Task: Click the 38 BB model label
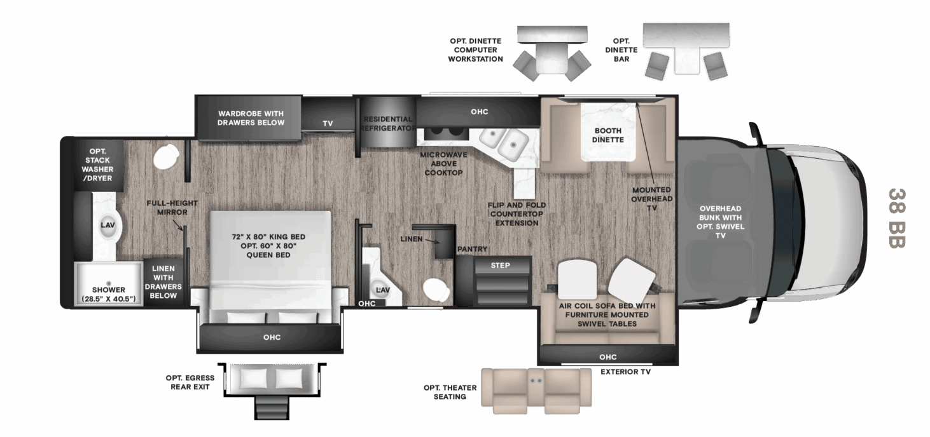[896, 218]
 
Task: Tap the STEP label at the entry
[500, 266]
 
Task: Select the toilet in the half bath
[436, 290]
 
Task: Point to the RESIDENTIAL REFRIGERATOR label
[388, 124]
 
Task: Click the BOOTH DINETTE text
[608, 135]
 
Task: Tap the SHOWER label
[108, 290]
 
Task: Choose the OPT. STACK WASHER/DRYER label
[97, 165]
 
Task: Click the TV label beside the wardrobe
[328, 123]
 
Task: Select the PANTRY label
[472, 249]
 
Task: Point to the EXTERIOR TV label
[626, 372]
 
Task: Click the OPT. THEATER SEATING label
[450, 393]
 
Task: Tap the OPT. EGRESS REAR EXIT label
[190, 382]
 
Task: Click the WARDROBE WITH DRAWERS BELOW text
[251, 118]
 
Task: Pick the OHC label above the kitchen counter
[480, 112]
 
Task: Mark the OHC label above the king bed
[272, 337]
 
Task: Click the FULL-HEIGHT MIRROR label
[172, 208]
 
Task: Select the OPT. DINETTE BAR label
[621, 50]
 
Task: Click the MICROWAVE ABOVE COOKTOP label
[443, 164]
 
